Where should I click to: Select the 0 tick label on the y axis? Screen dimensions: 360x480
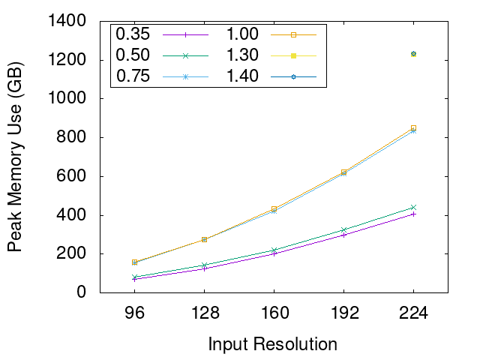[91, 292]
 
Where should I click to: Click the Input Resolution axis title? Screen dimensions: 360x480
[273, 344]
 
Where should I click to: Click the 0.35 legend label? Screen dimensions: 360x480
[133, 34]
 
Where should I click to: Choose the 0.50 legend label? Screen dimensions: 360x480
[133, 55]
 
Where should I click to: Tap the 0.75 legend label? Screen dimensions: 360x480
[133, 76]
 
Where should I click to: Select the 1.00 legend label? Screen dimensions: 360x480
[242, 34]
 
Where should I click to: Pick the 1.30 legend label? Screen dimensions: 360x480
[242, 55]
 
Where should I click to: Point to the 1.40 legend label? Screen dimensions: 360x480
[242, 76]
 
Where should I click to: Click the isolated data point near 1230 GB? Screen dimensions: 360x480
[413, 54]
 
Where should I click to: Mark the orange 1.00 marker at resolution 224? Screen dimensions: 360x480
[413, 128]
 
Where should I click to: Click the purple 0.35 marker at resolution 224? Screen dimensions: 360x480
[413, 214]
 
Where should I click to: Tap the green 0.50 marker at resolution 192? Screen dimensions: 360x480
[343, 229]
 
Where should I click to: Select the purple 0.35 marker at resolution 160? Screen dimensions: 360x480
[274, 253]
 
